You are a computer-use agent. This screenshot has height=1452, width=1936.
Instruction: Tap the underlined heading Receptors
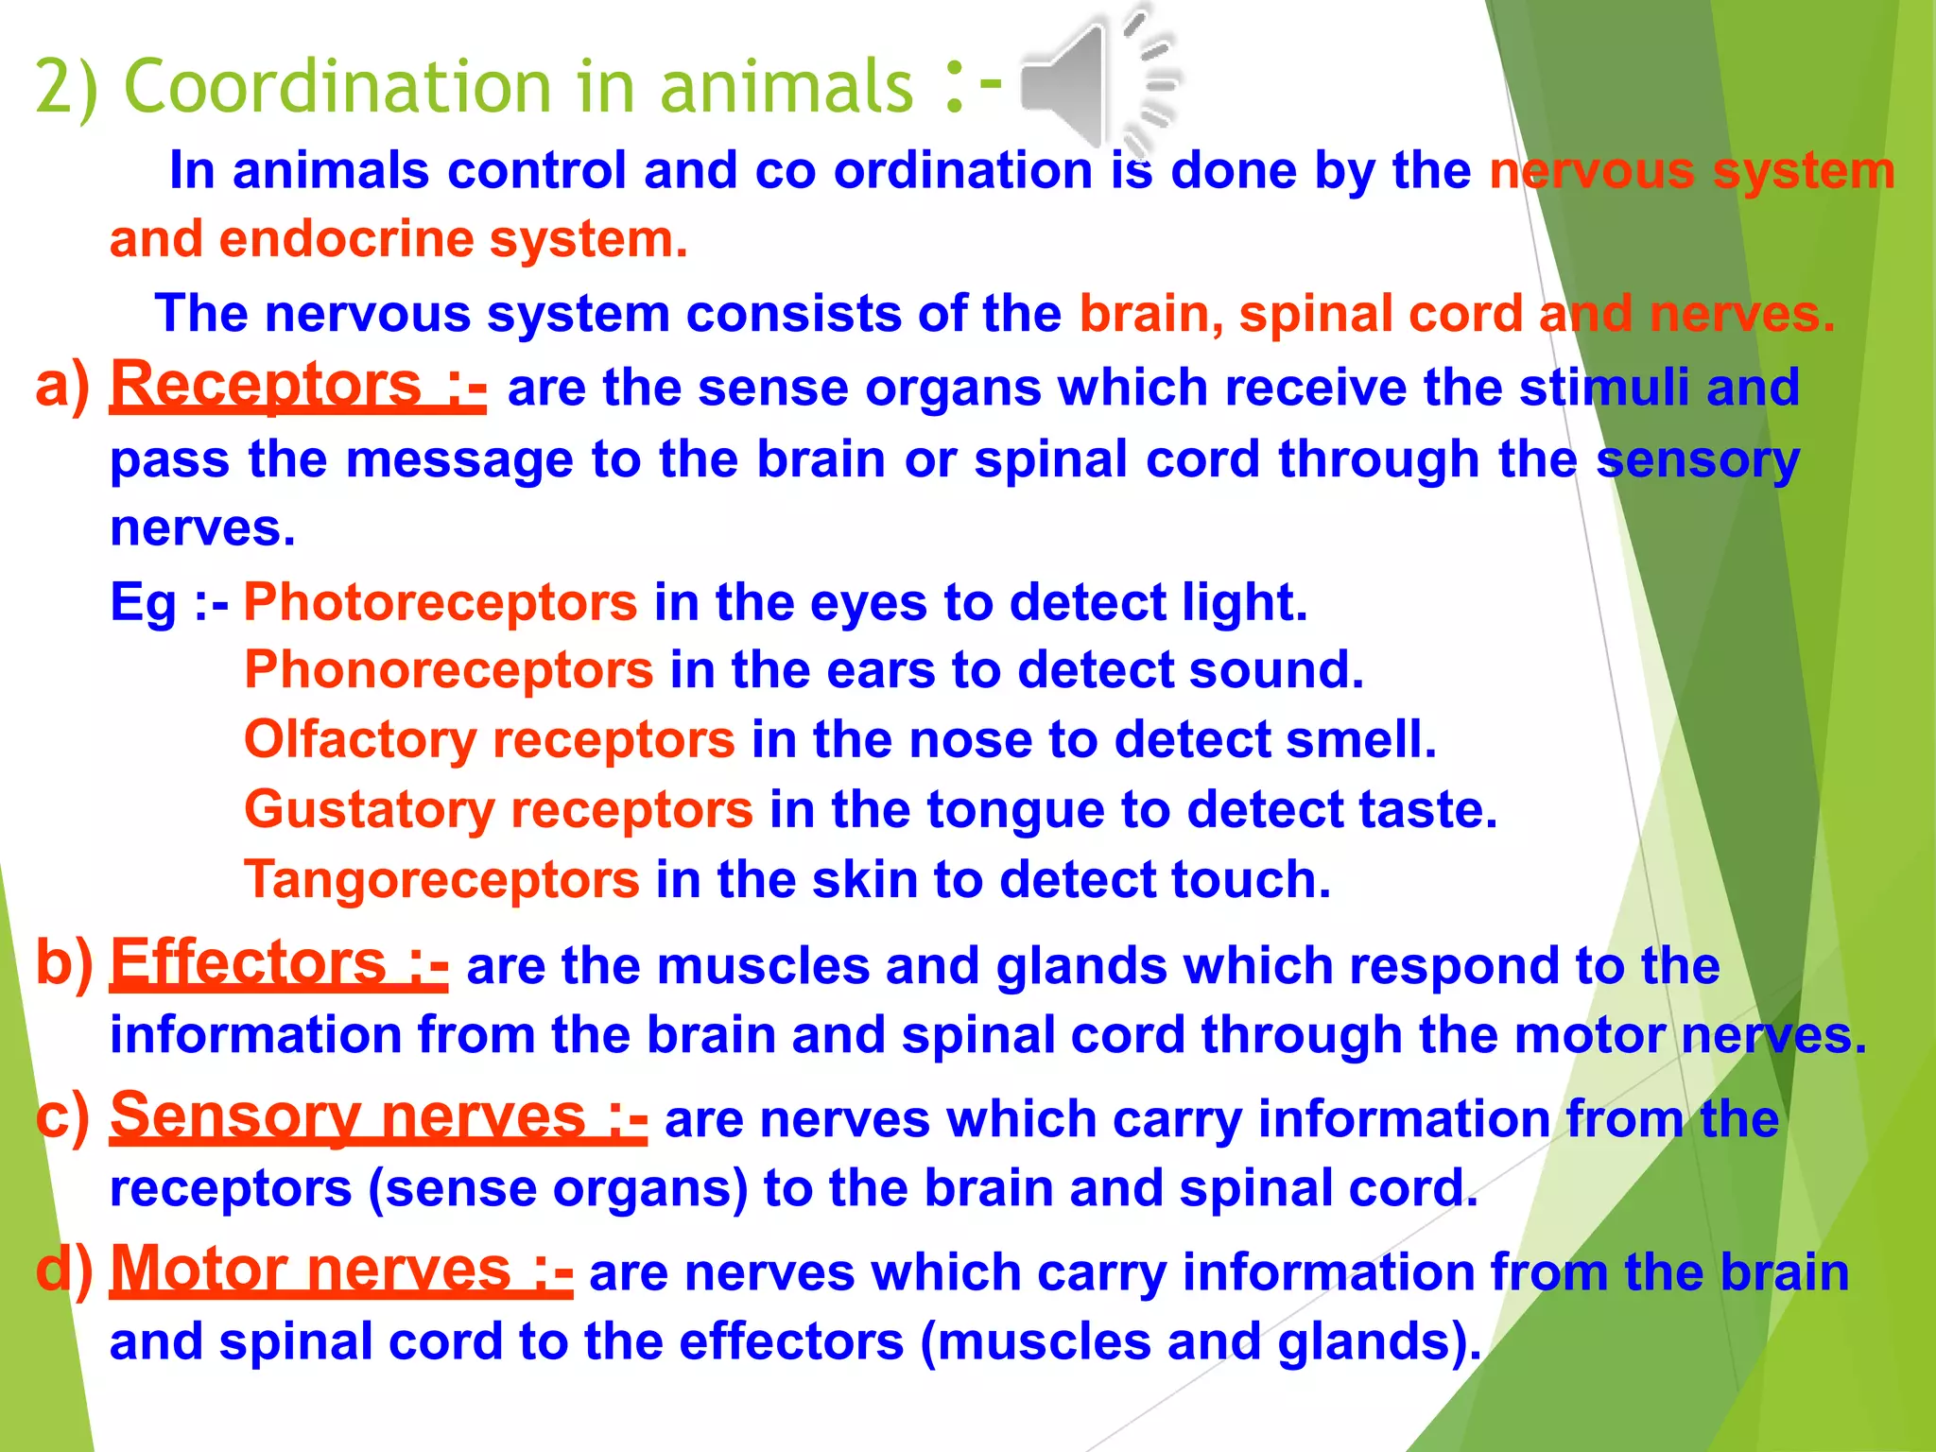click(x=267, y=385)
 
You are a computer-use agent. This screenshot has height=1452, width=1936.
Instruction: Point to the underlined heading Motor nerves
click(x=311, y=1269)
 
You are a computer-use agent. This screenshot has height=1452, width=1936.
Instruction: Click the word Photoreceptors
click(x=441, y=601)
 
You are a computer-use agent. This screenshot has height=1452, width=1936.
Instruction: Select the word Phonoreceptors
click(x=448, y=669)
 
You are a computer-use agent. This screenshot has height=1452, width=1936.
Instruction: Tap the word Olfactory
click(x=360, y=739)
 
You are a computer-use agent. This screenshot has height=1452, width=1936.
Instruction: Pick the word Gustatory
click(x=370, y=810)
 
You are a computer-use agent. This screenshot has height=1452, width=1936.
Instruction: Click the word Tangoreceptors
click(x=441, y=880)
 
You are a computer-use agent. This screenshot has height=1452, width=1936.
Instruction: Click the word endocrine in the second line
click(x=346, y=238)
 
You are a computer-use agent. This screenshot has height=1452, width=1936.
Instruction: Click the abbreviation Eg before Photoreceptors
click(x=143, y=602)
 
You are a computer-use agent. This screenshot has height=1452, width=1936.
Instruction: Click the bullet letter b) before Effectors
click(x=64, y=962)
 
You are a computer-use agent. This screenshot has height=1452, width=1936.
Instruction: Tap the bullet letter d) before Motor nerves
click(x=64, y=1269)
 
